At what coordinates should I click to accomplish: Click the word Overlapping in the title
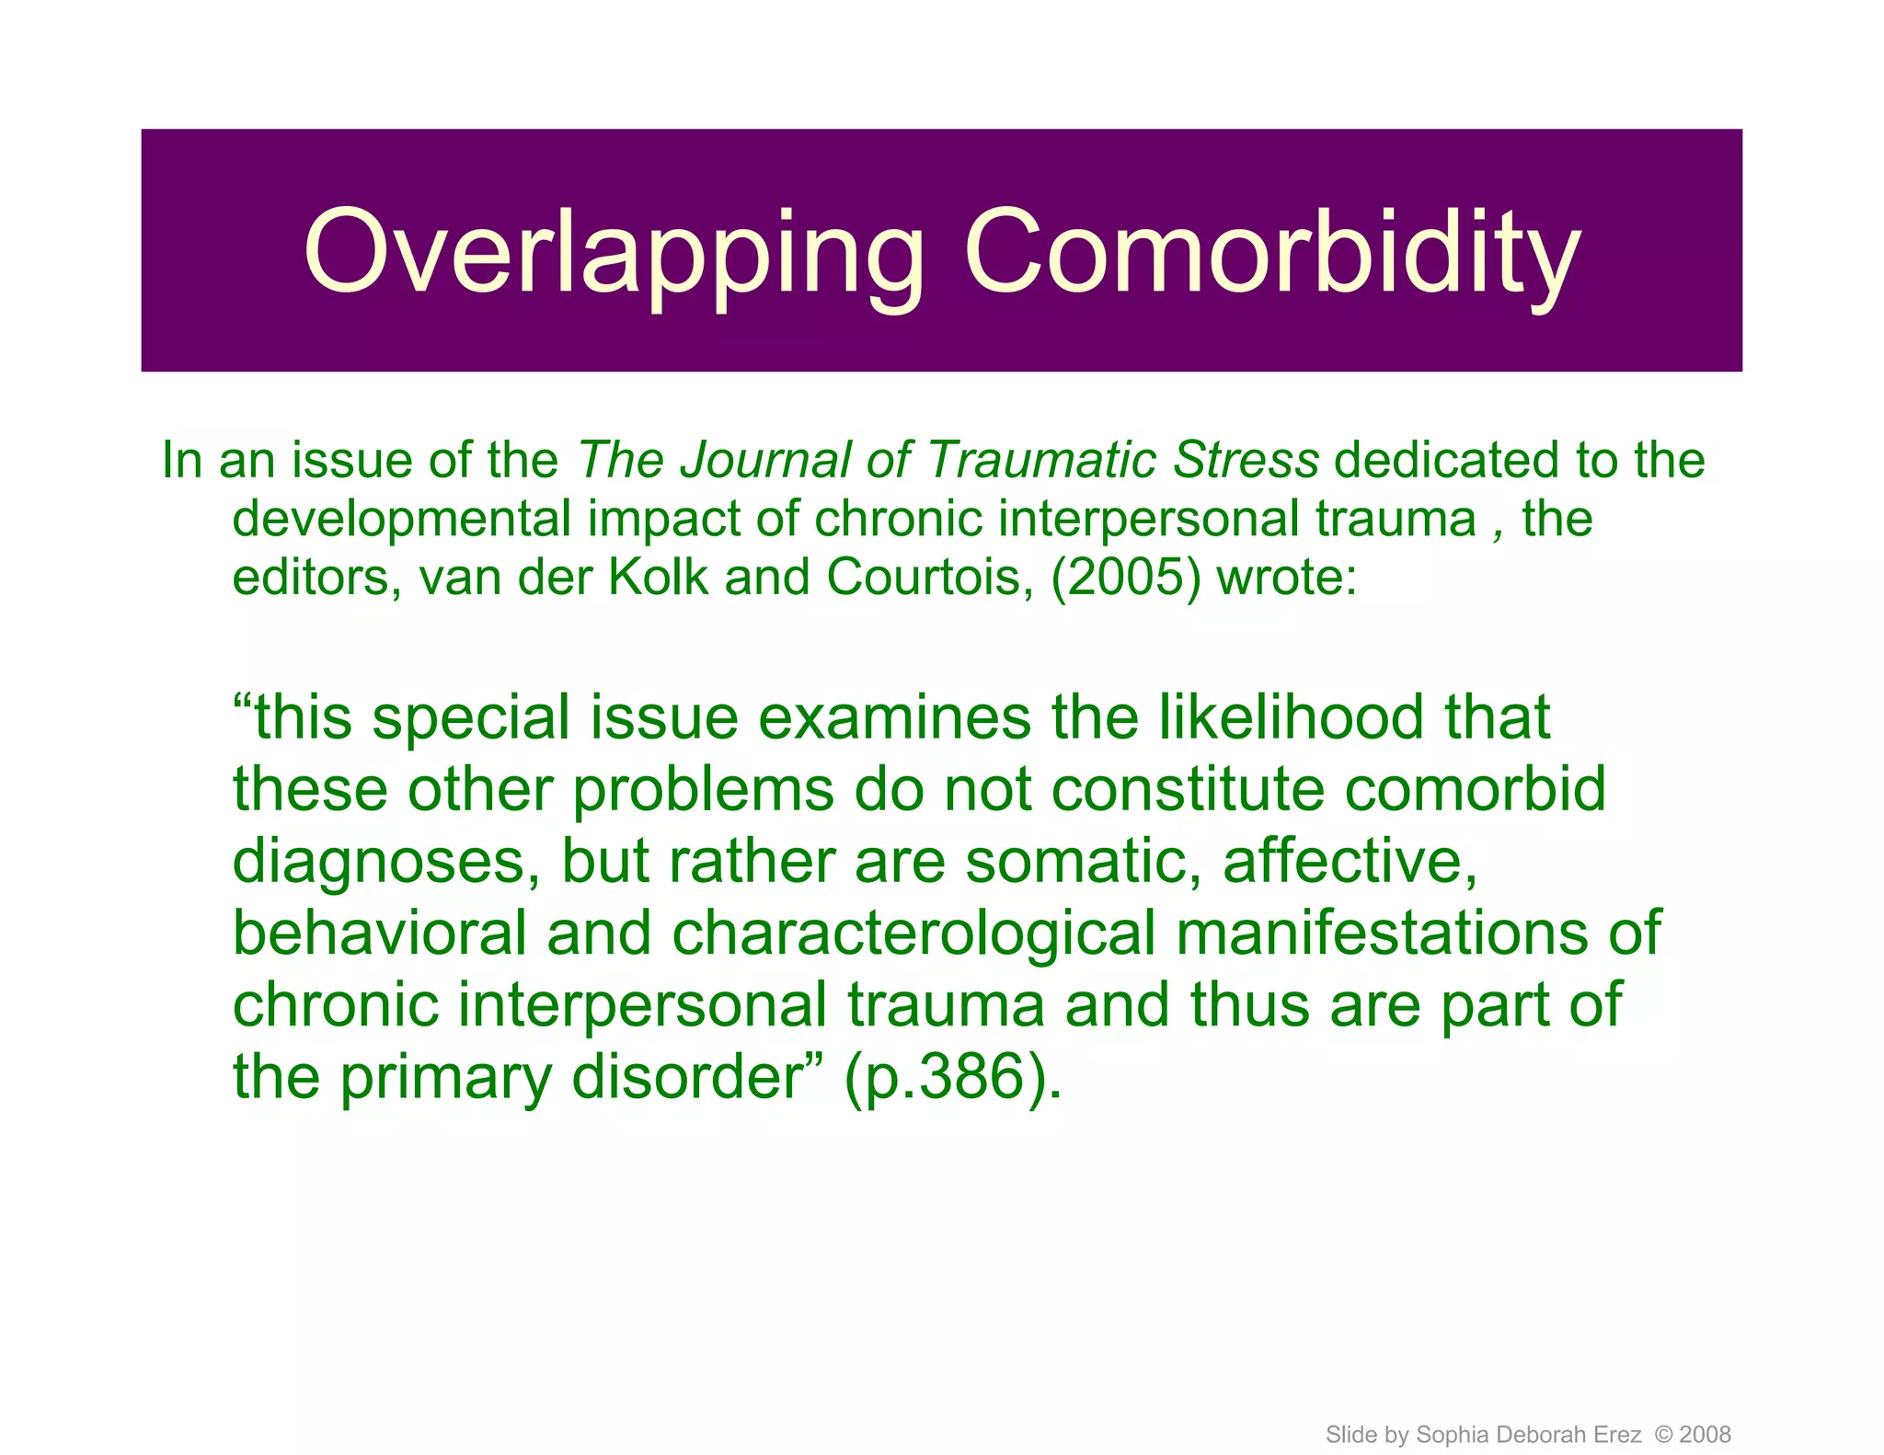[x=614, y=253]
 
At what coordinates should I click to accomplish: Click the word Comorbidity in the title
[x=1271, y=253]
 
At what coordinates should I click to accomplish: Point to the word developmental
[x=402, y=521]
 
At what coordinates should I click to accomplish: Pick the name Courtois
[x=929, y=578]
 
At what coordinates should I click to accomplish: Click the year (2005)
[x=1126, y=578]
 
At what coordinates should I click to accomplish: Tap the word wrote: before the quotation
[x=1286, y=578]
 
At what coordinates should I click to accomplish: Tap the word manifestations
[x=1382, y=934]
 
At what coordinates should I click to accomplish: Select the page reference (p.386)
[x=952, y=1078]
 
